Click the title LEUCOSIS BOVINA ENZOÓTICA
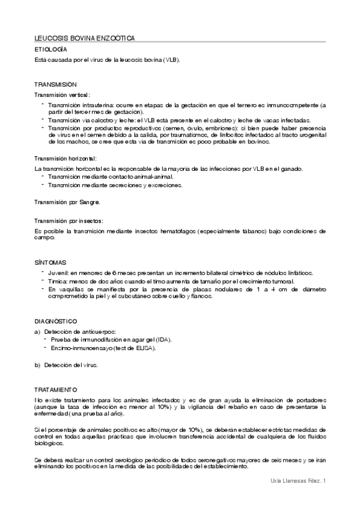(x=85, y=38)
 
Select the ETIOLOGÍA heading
(x=50, y=49)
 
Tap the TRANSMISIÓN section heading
(x=55, y=85)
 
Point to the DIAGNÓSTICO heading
(x=55, y=321)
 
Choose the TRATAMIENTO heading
(x=55, y=390)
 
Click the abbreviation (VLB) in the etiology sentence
(x=171, y=60)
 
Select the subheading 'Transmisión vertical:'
(x=63, y=95)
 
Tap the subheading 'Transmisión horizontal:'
(x=66, y=159)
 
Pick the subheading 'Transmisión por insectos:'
(x=69, y=221)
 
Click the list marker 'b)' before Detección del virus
(x=37, y=365)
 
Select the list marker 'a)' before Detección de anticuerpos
(x=37, y=331)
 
